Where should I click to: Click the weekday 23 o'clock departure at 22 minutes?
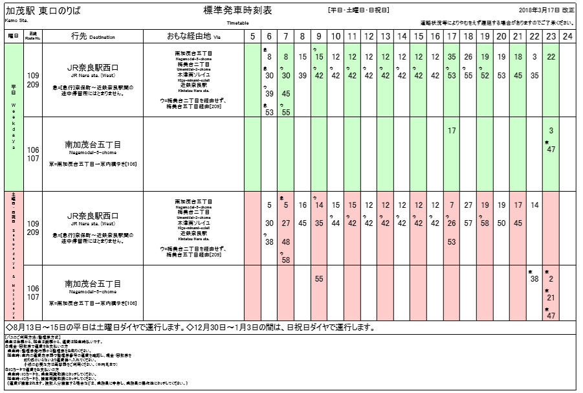click(551, 58)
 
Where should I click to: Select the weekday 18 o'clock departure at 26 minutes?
click(468, 58)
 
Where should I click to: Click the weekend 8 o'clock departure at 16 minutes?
click(302, 205)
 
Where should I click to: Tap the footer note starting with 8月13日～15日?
click(129, 327)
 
